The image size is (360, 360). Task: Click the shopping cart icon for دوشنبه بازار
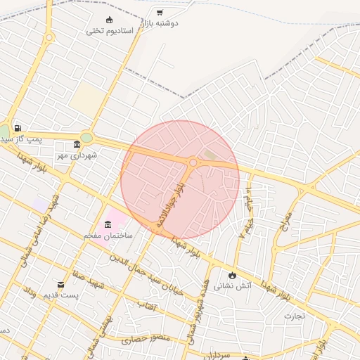tap(160, 12)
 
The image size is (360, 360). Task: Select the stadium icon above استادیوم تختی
tap(108, 19)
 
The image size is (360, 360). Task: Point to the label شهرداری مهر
tap(77, 155)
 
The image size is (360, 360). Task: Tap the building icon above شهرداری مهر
tap(77, 144)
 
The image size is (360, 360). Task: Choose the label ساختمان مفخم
tap(108, 236)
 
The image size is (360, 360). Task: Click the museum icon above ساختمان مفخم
tap(108, 224)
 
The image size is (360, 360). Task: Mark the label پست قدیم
tap(61, 295)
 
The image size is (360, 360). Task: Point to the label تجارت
tap(295, 315)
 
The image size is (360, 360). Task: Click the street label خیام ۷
tap(247, 218)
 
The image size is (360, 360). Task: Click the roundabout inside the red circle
tap(193, 163)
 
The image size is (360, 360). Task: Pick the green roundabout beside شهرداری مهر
tap(86, 138)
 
